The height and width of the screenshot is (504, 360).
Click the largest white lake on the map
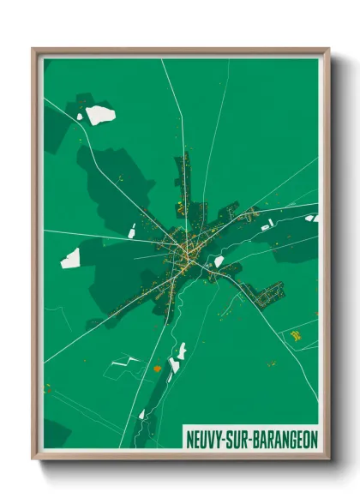click(x=100, y=115)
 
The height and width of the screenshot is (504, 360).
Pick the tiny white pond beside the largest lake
click(x=80, y=117)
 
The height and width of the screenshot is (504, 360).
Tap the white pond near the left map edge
click(x=69, y=258)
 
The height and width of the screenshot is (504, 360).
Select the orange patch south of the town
click(x=157, y=369)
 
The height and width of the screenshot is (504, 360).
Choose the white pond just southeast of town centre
click(x=219, y=261)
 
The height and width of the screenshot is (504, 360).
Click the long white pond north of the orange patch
click(x=181, y=351)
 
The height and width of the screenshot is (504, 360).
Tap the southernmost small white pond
click(x=141, y=415)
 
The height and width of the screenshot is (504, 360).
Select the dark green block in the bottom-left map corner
click(x=57, y=434)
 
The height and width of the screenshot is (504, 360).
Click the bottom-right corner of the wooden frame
click(x=328, y=459)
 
